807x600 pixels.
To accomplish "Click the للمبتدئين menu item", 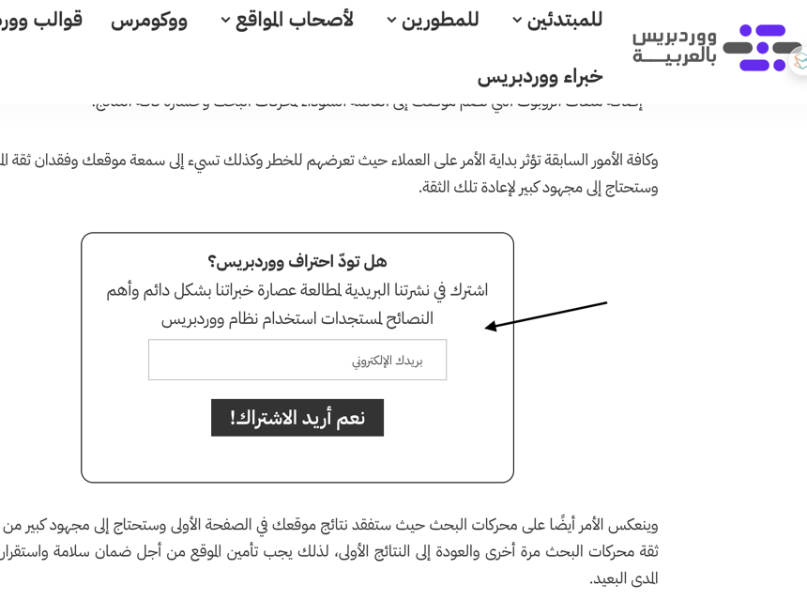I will pyautogui.click(x=564, y=20).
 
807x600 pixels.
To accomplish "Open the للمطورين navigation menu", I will pyautogui.click(x=440, y=20).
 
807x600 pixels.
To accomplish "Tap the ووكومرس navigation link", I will pyautogui.click(x=149, y=20).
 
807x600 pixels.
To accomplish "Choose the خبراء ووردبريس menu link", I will pyautogui.click(x=540, y=76).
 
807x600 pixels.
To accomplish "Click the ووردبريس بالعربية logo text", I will pyautogui.click(x=674, y=46).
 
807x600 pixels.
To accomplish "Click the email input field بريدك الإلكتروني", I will pyautogui.click(x=297, y=360).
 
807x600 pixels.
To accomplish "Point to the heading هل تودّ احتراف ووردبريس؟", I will pyautogui.click(x=297, y=261).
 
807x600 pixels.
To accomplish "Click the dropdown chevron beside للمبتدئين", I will pyautogui.click(x=517, y=21).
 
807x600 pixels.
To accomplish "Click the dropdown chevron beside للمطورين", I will pyautogui.click(x=392, y=21).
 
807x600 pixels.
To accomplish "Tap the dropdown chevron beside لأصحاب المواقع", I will pyautogui.click(x=226, y=21).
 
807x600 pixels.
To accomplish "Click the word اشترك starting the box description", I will pyautogui.click(x=469, y=290).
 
